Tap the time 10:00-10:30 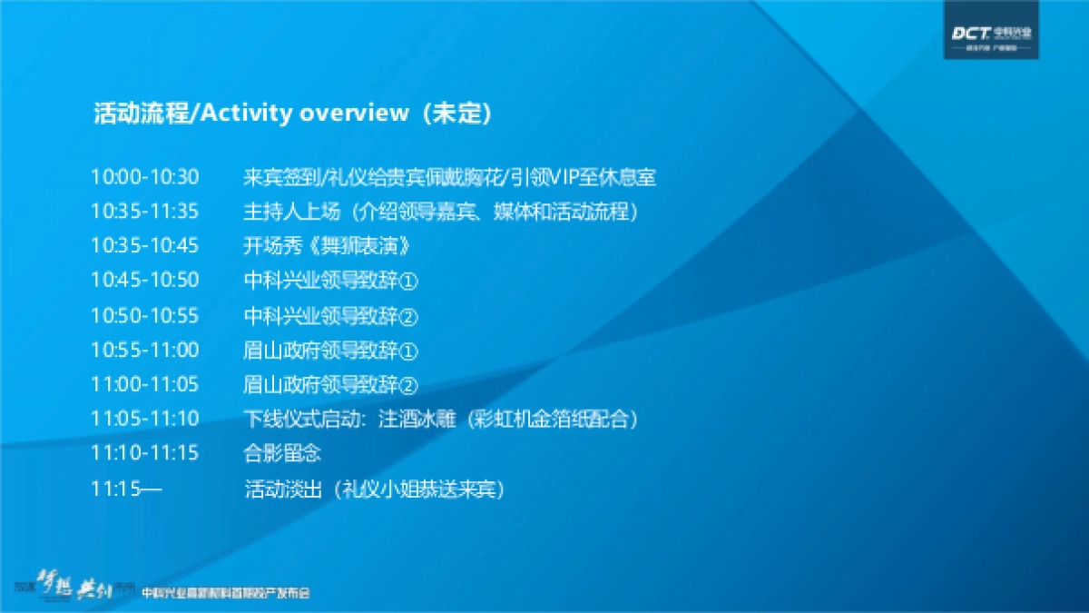(x=144, y=177)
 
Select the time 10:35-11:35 (x=144, y=212)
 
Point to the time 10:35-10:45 (x=144, y=246)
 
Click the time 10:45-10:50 (x=144, y=280)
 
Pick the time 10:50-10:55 (x=144, y=315)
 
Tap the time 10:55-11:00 (x=144, y=350)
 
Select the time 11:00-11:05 (x=144, y=384)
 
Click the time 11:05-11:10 (x=144, y=419)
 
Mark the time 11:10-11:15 (x=144, y=452)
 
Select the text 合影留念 (x=282, y=452)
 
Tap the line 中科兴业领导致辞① (x=330, y=281)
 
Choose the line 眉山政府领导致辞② (x=330, y=384)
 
